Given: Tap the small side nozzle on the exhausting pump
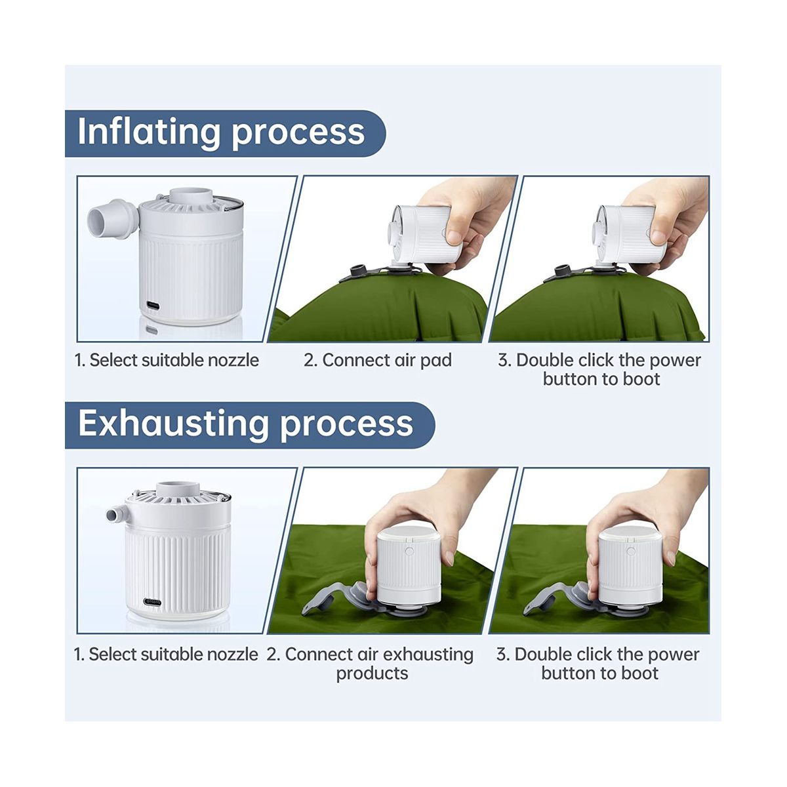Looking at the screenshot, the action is (x=118, y=514).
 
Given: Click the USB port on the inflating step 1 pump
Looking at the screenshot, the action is (x=153, y=305).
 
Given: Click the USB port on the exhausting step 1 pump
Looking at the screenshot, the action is (x=152, y=602).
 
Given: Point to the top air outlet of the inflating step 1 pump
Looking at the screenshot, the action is (x=191, y=195).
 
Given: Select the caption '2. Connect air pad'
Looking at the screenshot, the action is (x=377, y=360).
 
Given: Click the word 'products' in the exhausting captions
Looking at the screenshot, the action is (x=372, y=673).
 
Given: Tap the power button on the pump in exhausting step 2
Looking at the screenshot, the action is (x=409, y=551).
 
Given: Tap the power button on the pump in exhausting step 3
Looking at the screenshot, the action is (x=631, y=552).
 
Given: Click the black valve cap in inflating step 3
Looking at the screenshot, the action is (x=562, y=270).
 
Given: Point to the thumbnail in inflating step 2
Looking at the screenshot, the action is (x=453, y=237).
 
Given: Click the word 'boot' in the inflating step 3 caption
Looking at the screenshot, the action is (x=641, y=379).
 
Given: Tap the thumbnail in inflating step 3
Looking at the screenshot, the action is (x=657, y=237).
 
